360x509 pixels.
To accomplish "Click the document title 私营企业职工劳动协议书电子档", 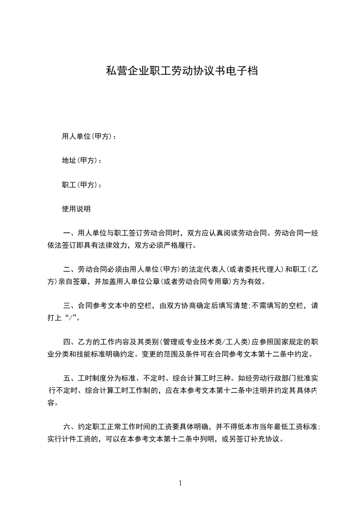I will pyautogui.click(x=182, y=71).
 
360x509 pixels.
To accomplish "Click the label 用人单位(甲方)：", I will pyautogui.click(x=89, y=136).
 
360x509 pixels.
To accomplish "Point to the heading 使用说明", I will pyautogui.click(x=76, y=209).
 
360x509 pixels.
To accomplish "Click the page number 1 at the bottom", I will pyautogui.click(x=180, y=483).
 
